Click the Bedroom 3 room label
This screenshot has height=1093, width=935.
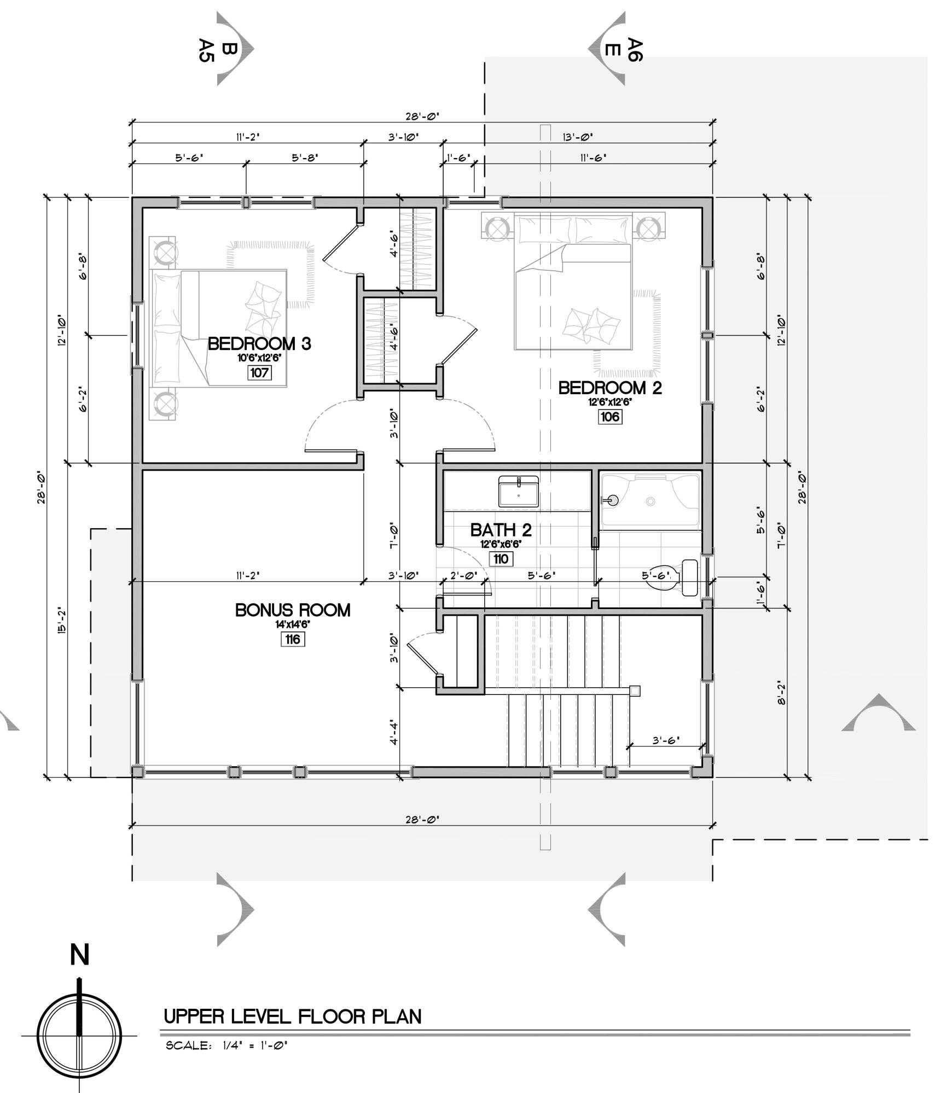pos(259,343)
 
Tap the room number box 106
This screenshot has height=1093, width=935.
pos(609,417)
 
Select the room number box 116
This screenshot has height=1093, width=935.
pos(293,639)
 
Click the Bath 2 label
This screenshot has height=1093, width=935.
pos(501,530)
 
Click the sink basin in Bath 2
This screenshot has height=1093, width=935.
pos(518,492)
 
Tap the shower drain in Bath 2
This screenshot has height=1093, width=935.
pos(650,501)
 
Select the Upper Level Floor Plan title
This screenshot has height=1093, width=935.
pos(293,1016)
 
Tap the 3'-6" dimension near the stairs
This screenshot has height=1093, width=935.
pos(665,740)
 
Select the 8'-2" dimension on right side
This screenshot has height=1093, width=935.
pos(781,692)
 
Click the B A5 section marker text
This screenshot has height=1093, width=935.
pos(216,50)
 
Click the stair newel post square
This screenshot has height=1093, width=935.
pos(635,691)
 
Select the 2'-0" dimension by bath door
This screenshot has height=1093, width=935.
pos(463,575)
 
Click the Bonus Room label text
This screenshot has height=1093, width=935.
pos(293,610)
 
